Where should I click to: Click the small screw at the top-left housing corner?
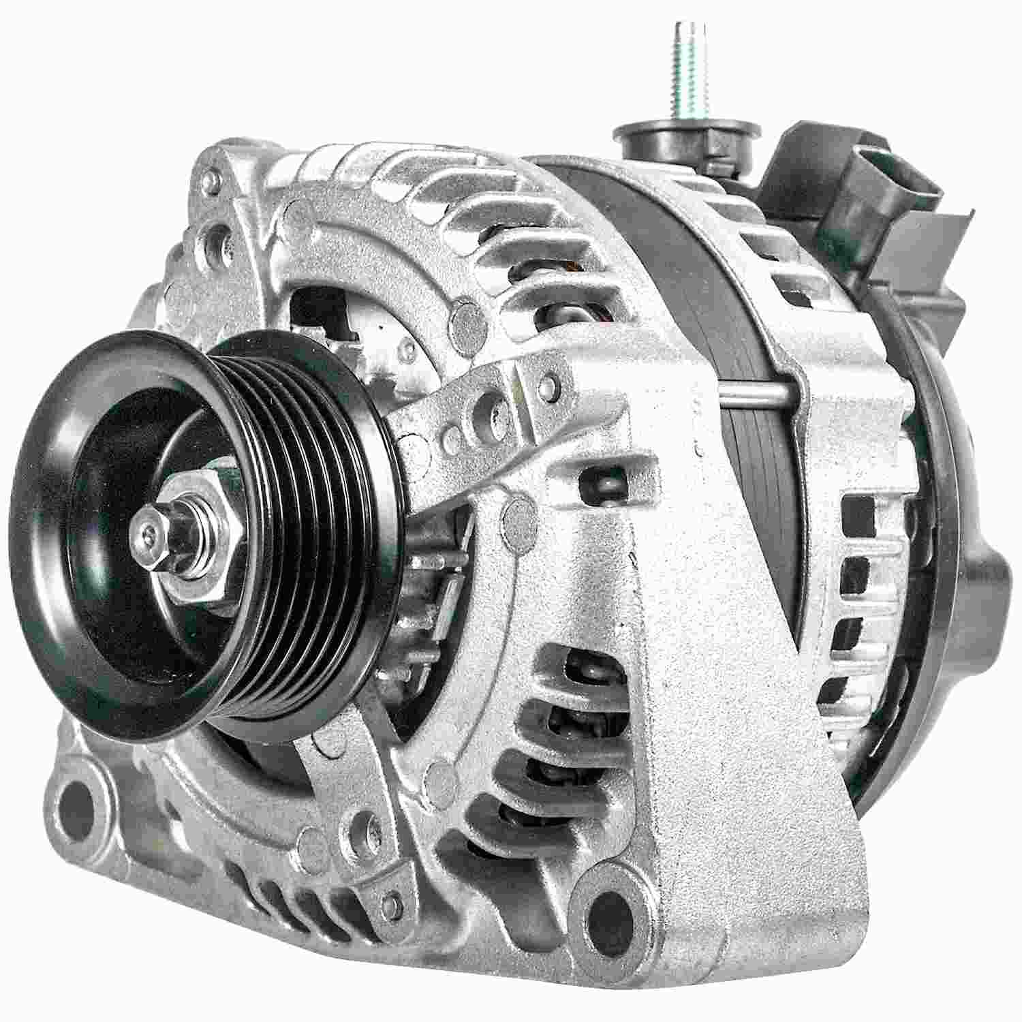(x=213, y=180)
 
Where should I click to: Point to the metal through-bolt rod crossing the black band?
(x=756, y=397)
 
